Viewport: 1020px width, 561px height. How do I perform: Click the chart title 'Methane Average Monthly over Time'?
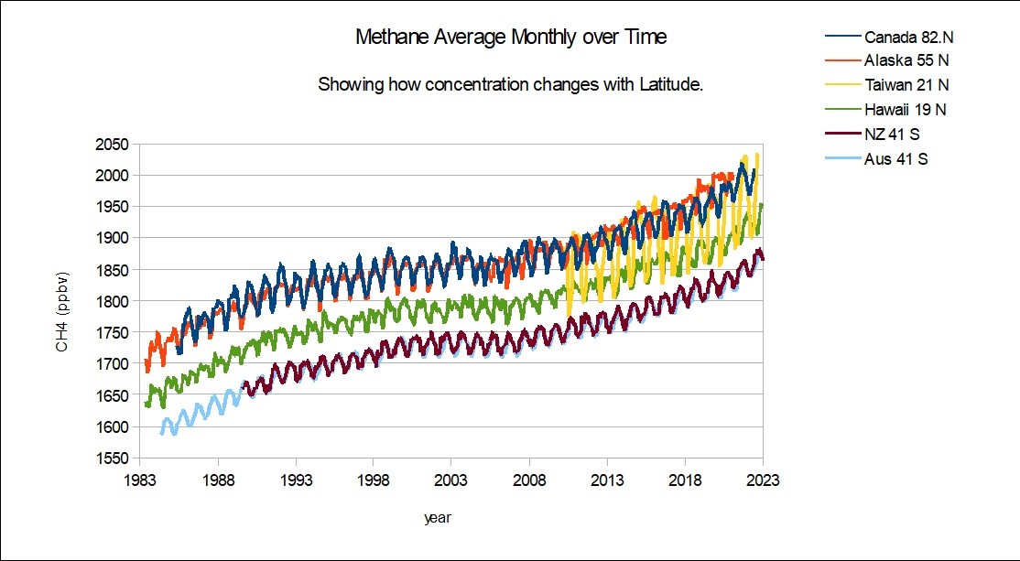(x=511, y=38)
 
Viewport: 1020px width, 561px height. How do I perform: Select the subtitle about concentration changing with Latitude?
(x=510, y=85)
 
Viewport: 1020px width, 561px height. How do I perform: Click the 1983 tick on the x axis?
(x=140, y=479)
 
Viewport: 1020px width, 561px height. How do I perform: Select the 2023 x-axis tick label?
(x=763, y=479)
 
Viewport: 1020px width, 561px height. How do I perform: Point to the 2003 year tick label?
(x=451, y=479)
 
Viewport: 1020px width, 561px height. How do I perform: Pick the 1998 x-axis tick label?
(x=374, y=479)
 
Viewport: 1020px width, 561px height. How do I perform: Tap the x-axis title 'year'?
(x=437, y=518)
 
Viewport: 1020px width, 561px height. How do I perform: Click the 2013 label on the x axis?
(x=607, y=479)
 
